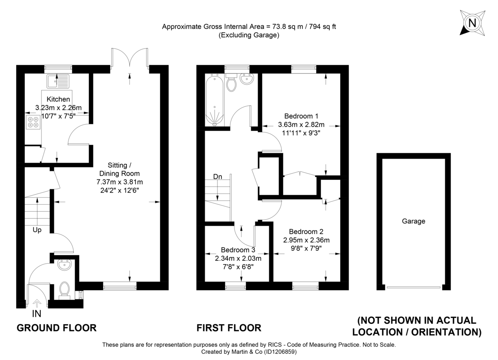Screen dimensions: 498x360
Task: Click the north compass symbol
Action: pos(472,22)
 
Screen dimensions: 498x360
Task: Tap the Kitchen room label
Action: pos(58,99)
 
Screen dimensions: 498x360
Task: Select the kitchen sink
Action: pos(58,81)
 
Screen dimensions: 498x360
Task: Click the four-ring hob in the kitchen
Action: pos(33,122)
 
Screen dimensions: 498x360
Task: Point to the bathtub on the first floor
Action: pos(215,100)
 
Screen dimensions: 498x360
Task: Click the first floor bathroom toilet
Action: pos(231,82)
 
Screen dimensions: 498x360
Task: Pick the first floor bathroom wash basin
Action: pos(247,79)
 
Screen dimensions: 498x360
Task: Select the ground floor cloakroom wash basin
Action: pos(64,265)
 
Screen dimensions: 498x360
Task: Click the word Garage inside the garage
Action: pos(413,221)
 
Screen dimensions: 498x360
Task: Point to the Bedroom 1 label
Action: pos(301,116)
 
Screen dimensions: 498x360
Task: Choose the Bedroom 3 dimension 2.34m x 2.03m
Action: pos(238,258)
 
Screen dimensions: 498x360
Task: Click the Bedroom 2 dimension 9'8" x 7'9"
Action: pos(306,248)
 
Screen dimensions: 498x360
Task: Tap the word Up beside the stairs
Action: pos(37,230)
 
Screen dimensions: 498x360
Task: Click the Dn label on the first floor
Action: pos(217,176)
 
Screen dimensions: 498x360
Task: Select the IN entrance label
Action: pos(37,314)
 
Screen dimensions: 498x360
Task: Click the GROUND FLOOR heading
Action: pos(56,328)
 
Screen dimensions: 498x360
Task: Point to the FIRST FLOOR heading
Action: pos(229,328)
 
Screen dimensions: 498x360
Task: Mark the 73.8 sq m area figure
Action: pos(285,27)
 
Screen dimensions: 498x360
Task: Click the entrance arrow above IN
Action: pos(37,303)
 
